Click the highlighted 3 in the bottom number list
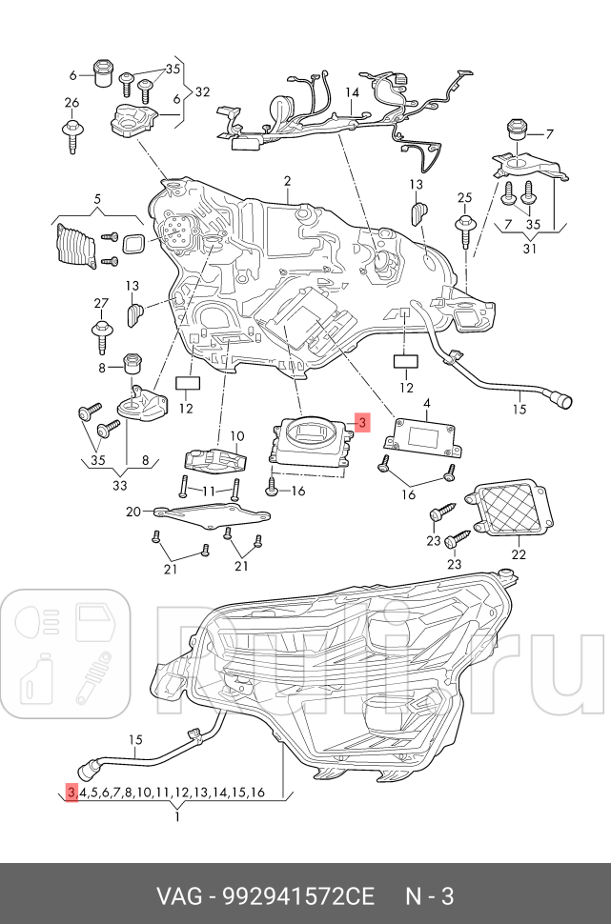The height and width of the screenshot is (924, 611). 71,793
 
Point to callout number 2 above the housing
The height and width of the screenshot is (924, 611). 286,181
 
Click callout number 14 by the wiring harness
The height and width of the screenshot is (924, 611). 352,93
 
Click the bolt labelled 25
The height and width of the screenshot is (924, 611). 464,230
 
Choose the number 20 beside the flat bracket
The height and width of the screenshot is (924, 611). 133,512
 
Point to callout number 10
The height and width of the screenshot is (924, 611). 237,434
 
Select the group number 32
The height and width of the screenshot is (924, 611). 201,92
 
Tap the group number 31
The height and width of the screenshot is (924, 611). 530,250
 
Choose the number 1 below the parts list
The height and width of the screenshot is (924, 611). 177,815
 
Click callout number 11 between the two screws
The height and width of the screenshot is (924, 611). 207,491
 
